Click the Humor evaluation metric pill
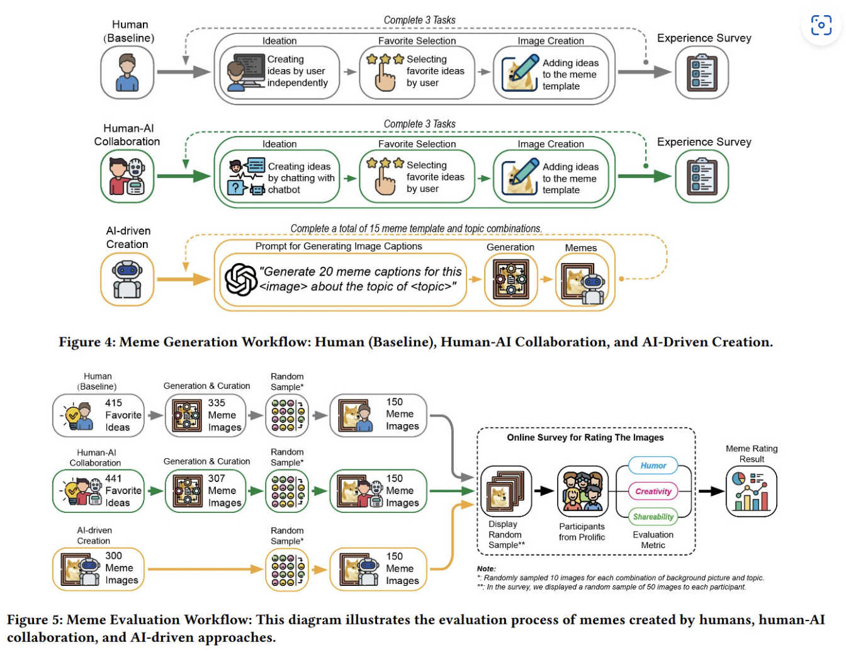click(653, 465)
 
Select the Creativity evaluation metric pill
click(653, 491)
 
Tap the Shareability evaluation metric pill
click(653, 517)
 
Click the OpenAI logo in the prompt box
click(240, 279)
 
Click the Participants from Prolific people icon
click(582, 491)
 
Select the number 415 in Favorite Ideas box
click(113, 403)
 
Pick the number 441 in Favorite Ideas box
click(113, 478)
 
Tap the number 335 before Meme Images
click(217, 403)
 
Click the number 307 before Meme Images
click(217, 478)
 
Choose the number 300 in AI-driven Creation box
click(113, 556)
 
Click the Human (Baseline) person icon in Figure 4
click(127, 72)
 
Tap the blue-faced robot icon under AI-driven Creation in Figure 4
click(127, 279)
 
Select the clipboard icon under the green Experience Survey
click(702, 176)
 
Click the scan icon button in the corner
click(821, 25)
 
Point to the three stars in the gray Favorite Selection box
click(385, 59)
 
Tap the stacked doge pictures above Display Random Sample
click(505, 491)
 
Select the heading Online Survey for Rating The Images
click(585, 437)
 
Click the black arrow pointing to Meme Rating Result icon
click(711, 491)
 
